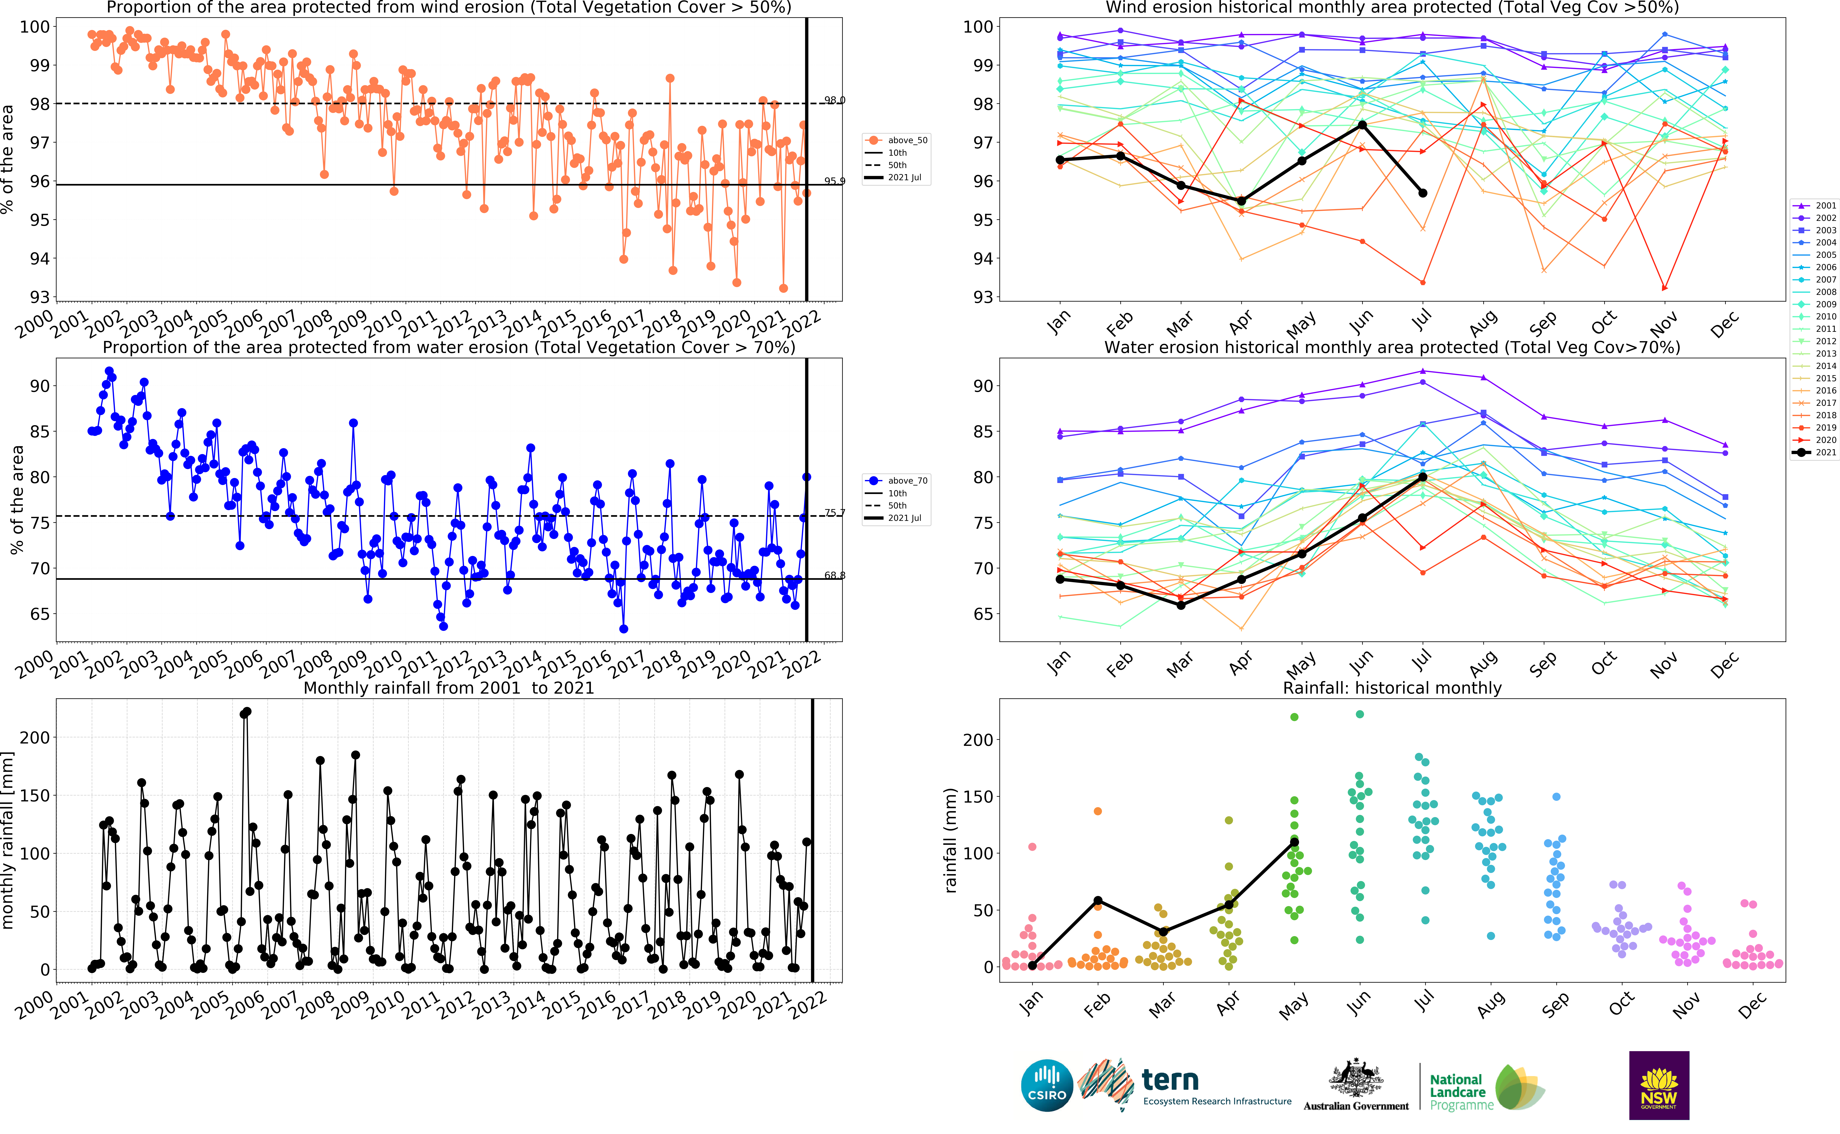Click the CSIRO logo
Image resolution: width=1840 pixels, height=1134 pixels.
(x=1047, y=1085)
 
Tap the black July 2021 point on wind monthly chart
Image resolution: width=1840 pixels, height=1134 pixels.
(x=1422, y=193)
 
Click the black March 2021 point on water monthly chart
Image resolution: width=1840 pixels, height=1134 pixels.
(x=1181, y=604)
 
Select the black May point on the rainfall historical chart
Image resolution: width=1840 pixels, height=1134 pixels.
(x=1294, y=842)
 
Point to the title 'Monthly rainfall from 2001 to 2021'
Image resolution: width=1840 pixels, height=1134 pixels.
(x=448, y=688)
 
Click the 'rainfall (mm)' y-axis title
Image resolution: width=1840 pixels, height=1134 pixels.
(x=951, y=840)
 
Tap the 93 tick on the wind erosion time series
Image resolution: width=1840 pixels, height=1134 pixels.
(x=39, y=297)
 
